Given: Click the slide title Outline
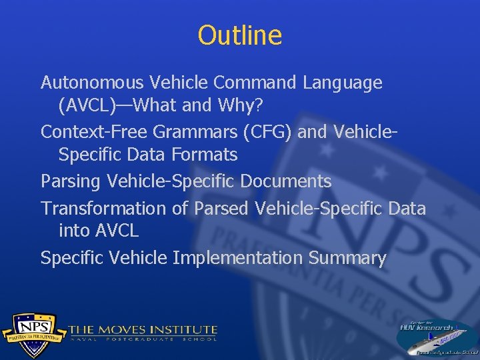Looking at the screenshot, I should click(240, 35).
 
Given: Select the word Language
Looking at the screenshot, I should click(343, 83).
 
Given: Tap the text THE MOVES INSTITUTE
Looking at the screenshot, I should click(143, 329).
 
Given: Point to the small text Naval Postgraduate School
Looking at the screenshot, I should click(143, 339).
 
